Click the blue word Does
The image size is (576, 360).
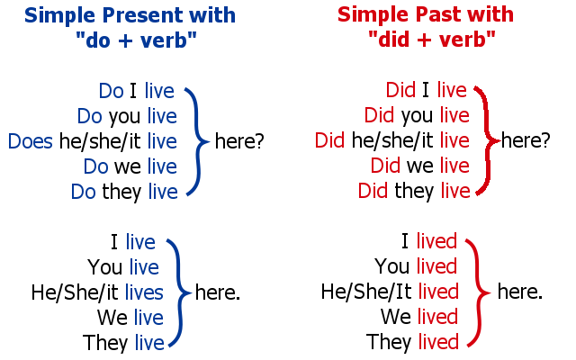30,141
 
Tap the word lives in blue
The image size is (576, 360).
144,292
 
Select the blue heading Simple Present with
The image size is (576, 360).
130,15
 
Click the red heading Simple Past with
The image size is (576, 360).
426,14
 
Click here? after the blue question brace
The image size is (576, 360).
239,141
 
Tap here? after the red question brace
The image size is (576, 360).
526,140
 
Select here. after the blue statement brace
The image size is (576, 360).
218,292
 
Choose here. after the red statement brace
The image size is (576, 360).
520,292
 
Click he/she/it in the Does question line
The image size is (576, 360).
100,142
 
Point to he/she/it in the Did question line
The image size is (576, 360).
392,140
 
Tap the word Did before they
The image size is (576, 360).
373,191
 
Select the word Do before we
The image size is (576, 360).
95,166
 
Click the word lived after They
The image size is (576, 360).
438,342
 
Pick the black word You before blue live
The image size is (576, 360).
104,267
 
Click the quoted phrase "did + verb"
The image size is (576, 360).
432,39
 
